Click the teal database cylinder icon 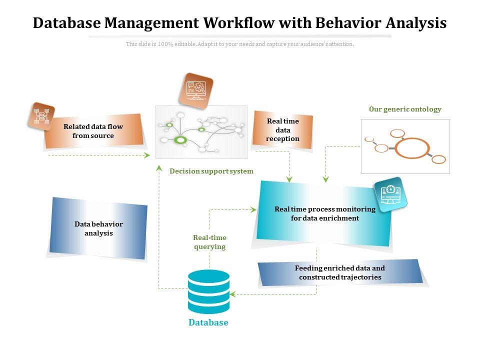(x=208, y=291)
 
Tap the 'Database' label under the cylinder (x=208, y=323)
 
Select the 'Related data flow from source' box (x=93, y=131)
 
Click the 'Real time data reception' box (x=283, y=130)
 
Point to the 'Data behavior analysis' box (x=98, y=228)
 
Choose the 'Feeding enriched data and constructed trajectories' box (x=340, y=273)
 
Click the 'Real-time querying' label (x=209, y=242)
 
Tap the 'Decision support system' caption (x=211, y=171)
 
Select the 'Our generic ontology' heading (x=405, y=109)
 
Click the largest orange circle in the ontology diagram (x=412, y=148)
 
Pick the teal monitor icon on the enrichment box (x=391, y=194)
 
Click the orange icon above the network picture (x=196, y=90)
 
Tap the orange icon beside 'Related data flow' (x=41, y=116)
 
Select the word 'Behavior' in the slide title (x=358, y=23)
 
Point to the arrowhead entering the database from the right (x=233, y=294)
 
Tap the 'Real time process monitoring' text (x=325, y=209)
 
